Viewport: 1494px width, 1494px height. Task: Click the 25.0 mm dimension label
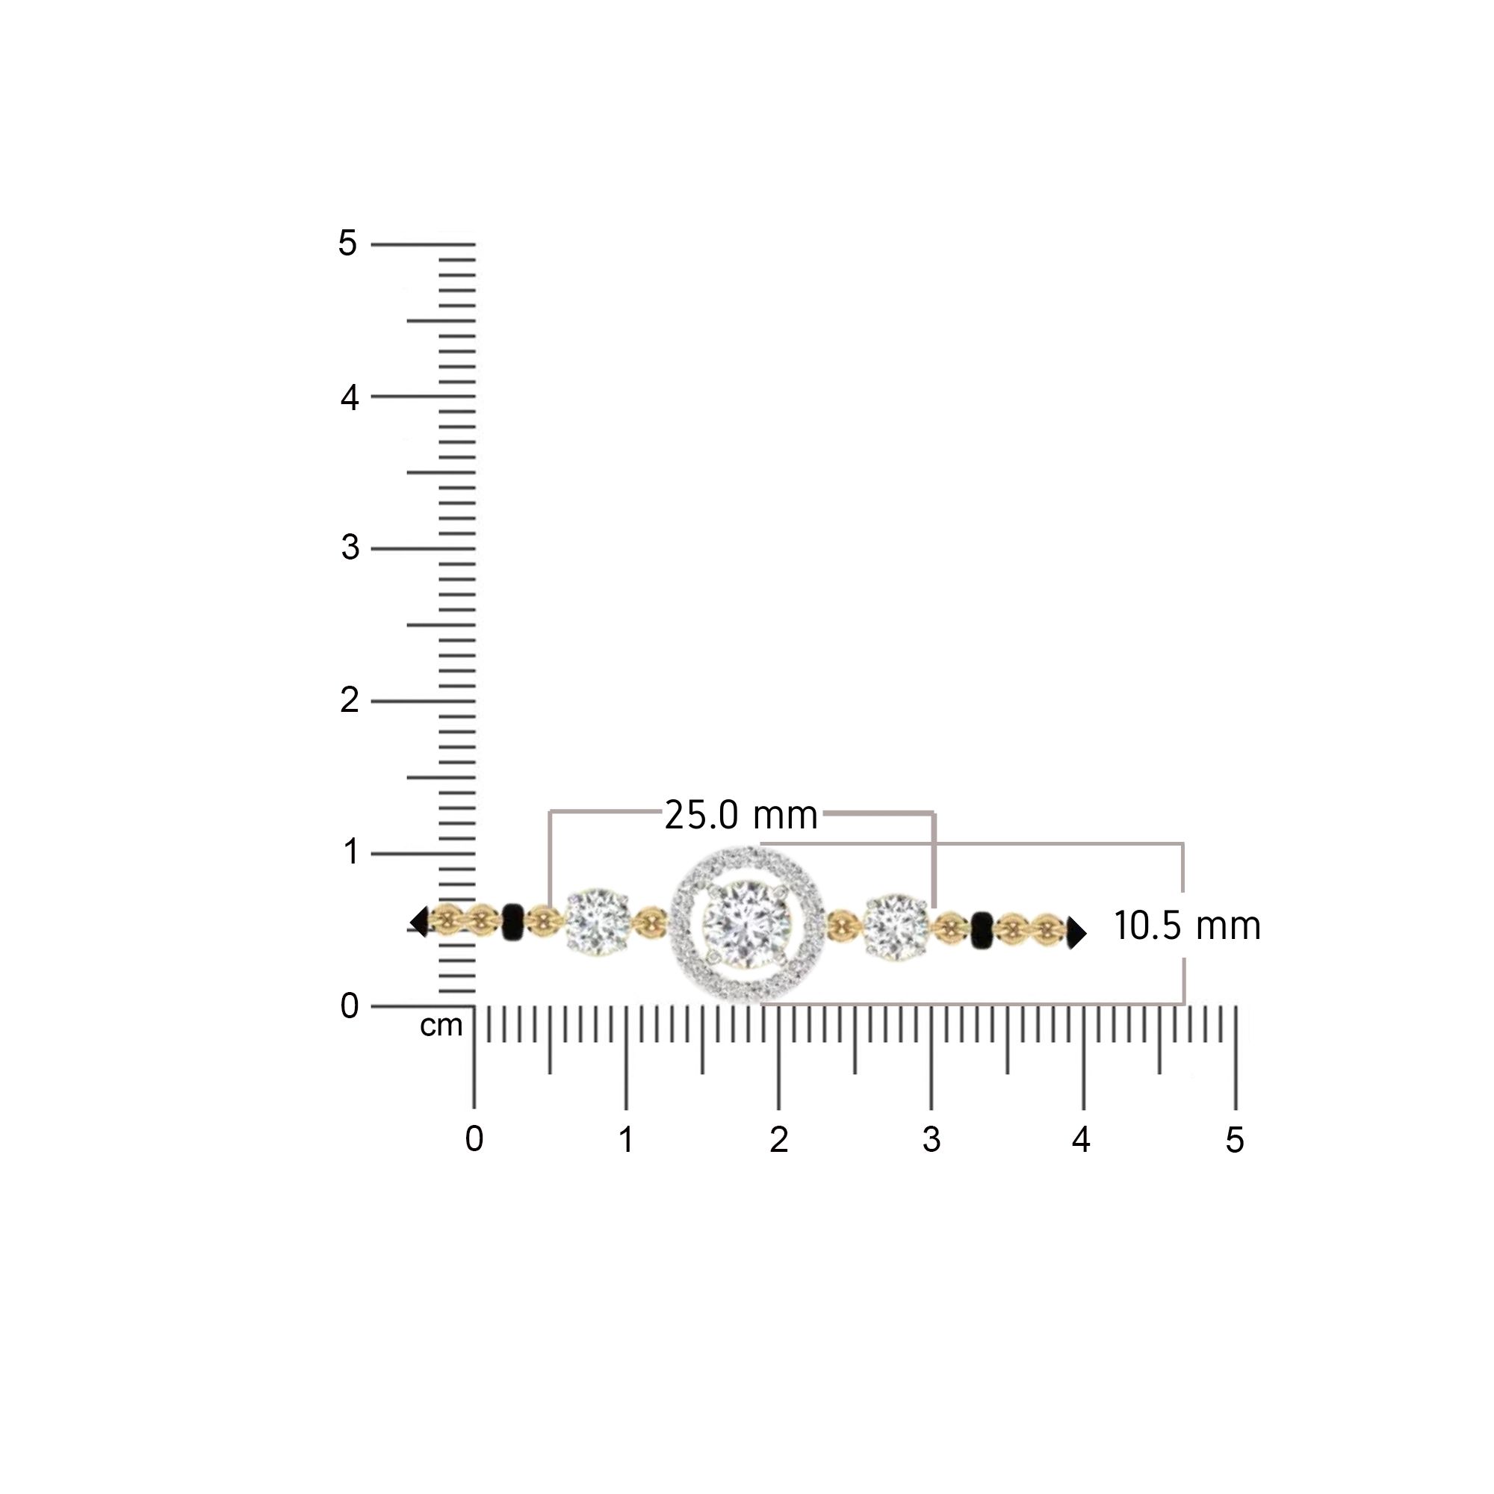pos(741,816)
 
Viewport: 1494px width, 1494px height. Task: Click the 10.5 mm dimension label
pos(1187,926)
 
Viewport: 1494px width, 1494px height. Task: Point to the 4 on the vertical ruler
pos(350,397)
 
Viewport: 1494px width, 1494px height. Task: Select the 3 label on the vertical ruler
pos(350,548)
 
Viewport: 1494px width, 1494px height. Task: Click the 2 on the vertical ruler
pos(350,701)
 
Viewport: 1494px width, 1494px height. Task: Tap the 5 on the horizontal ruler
pos(1234,1141)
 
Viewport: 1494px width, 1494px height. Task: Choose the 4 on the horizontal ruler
pos(1081,1139)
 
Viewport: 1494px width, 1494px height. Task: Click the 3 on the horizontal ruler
pos(931,1140)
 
